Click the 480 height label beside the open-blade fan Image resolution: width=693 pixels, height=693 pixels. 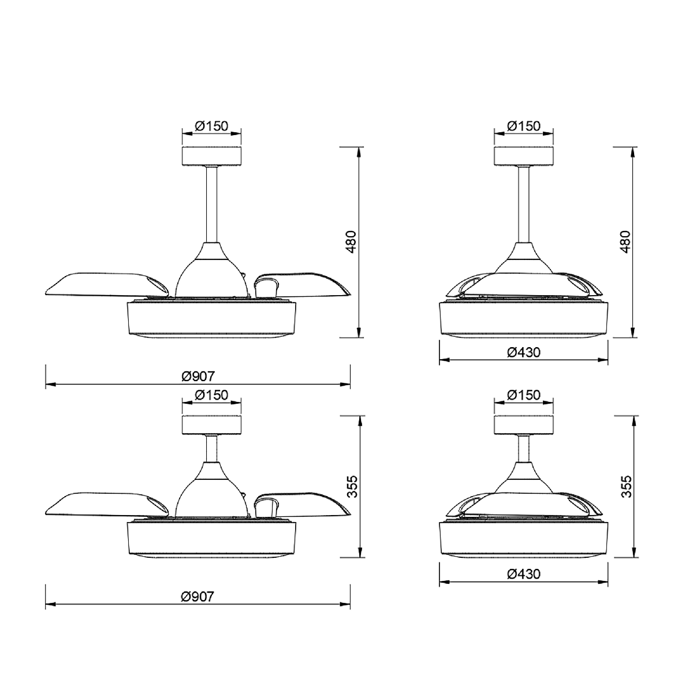[351, 241]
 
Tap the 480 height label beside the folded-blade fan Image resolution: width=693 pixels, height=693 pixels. [625, 241]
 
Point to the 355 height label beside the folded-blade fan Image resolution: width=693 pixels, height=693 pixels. [626, 487]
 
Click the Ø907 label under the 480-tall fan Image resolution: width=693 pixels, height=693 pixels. [198, 377]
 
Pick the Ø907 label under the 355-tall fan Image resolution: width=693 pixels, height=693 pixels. [198, 597]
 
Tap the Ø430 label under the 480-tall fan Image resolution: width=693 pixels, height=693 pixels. [524, 352]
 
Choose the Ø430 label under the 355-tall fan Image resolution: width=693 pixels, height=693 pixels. [524, 573]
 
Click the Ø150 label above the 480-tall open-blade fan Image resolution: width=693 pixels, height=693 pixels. [211, 126]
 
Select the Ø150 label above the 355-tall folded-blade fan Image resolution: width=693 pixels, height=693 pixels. [524, 395]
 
